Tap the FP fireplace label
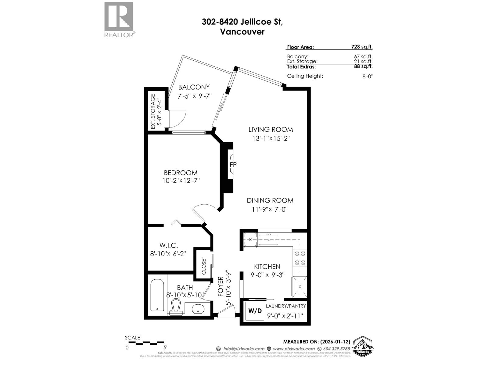233,165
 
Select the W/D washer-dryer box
255,311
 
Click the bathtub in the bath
157,295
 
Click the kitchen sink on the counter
268,240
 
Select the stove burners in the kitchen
299,258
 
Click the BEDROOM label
181,173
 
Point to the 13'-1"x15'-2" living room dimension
271,138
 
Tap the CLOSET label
204,266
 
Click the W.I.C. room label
168,245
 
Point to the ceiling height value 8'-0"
367,77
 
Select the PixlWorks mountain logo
363,346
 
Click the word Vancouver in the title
242,31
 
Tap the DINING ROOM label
270,200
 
